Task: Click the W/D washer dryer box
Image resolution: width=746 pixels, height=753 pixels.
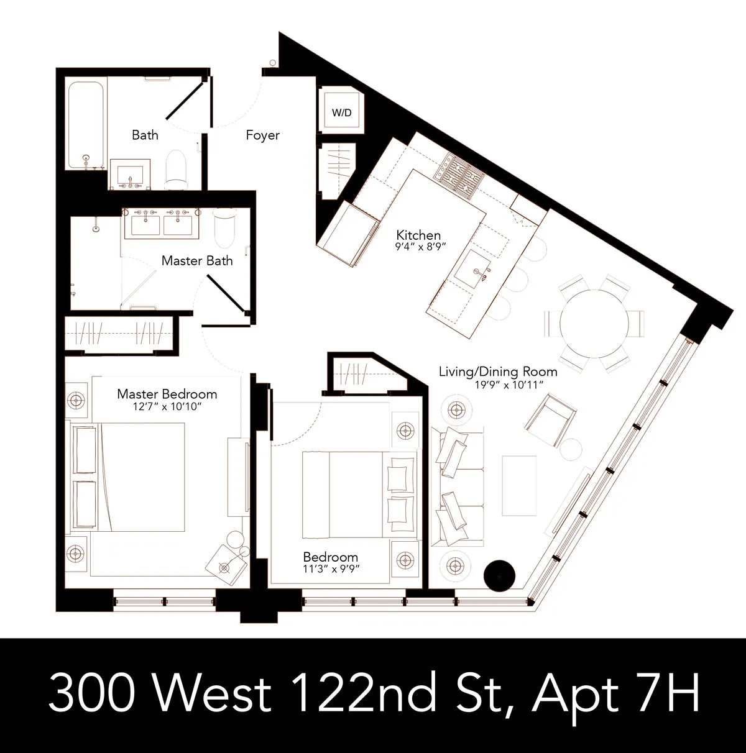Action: point(341,112)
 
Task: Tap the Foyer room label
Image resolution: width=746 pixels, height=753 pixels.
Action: point(262,135)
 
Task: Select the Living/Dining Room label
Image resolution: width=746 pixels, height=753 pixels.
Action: point(498,372)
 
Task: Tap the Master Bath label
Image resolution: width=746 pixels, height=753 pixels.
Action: point(197,260)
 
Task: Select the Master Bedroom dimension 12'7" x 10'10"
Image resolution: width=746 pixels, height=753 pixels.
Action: point(167,407)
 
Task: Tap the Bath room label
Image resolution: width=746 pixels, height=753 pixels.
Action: point(145,135)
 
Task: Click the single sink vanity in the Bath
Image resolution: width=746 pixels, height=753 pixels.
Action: point(131,173)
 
